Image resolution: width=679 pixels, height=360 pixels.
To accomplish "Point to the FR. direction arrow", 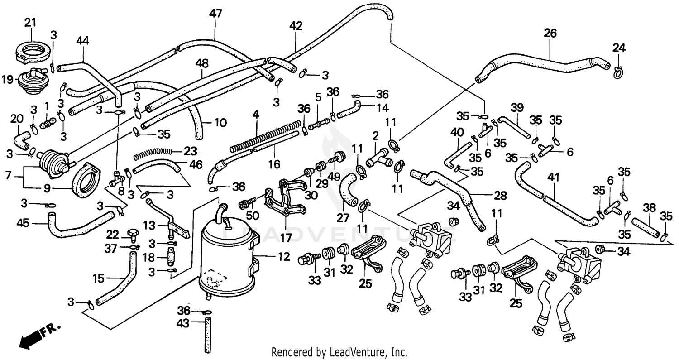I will (32, 337).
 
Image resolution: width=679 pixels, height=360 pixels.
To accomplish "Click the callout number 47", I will (215, 14).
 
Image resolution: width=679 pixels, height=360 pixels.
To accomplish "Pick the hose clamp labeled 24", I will (619, 72).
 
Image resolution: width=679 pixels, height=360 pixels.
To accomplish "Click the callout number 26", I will (550, 33).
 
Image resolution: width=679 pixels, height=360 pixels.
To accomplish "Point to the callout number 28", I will (500, 195).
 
